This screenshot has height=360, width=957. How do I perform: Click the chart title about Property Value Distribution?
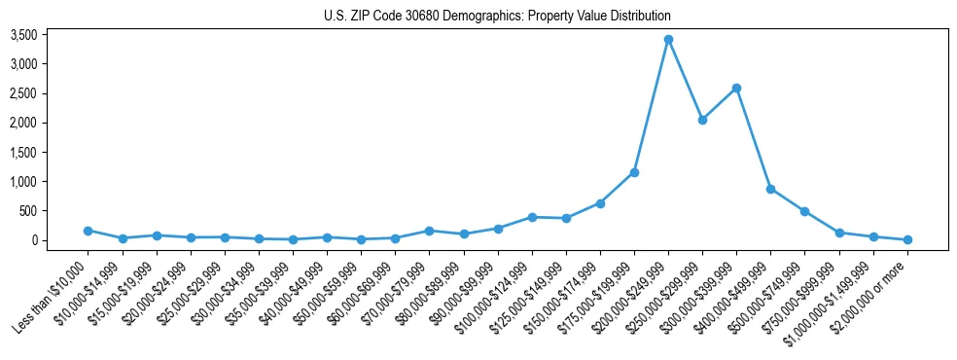497,16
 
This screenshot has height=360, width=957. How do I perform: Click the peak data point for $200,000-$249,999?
668,40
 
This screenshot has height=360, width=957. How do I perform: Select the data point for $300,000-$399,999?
736,89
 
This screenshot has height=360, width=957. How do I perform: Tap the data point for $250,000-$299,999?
702,120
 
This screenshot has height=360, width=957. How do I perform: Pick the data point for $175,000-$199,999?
634,172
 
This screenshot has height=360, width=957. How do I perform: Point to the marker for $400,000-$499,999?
770,189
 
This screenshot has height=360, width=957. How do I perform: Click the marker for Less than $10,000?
89,231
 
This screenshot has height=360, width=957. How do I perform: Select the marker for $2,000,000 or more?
907,239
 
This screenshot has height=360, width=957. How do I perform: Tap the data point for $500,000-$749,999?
804,211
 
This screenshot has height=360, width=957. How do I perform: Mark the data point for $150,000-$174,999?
600,203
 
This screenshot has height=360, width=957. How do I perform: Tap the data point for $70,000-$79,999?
429,231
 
